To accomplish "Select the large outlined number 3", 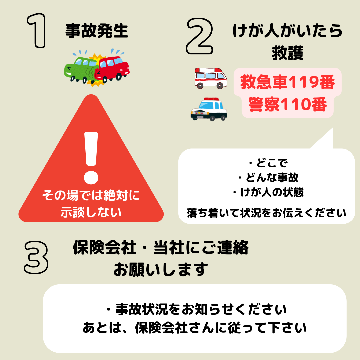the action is (x=36, y=257).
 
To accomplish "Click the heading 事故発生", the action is (x=97, y=31).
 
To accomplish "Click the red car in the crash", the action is (x=113, y=68).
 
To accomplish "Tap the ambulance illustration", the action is (x=211, y=78).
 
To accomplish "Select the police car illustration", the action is (x=209, y=109).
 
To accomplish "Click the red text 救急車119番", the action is (x=287, y=82).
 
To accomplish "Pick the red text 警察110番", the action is (x=287, y=104).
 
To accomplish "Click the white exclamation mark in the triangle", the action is (x=91, y=158).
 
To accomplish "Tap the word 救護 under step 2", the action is (x=287, y=53).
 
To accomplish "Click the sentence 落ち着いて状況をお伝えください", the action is (x=266, y=213).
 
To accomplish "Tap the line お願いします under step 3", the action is (x=161, y=269).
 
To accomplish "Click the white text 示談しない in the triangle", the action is (x=91, y=212).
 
